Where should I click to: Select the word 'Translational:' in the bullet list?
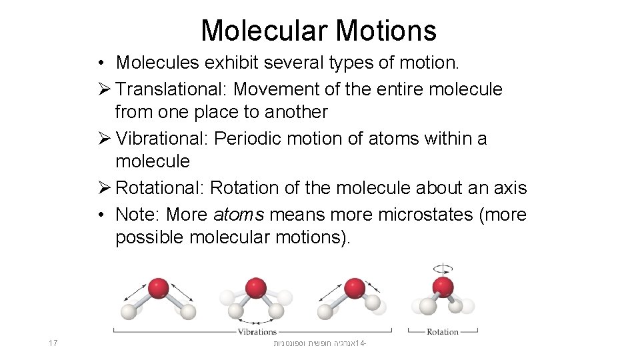173,89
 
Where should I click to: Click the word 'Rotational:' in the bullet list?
160,189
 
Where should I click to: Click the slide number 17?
53,343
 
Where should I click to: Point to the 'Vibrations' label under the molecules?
257,331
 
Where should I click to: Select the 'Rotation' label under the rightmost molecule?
443,331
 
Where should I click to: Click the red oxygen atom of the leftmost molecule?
158,288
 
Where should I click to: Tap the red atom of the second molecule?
255,288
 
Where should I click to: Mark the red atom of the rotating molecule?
443,287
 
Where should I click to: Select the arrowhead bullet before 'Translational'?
103,89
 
